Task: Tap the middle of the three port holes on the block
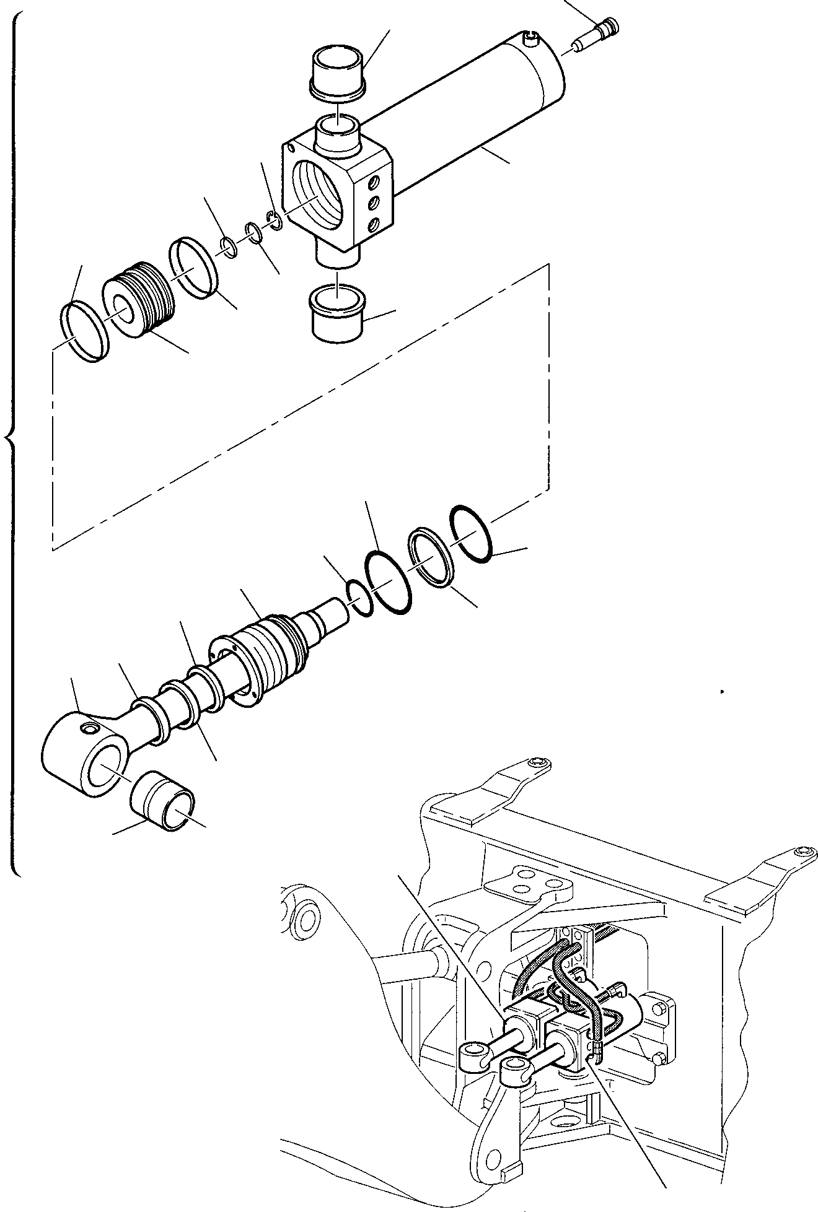374,202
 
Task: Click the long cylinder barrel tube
471,111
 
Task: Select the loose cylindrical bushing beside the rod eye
162,800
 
